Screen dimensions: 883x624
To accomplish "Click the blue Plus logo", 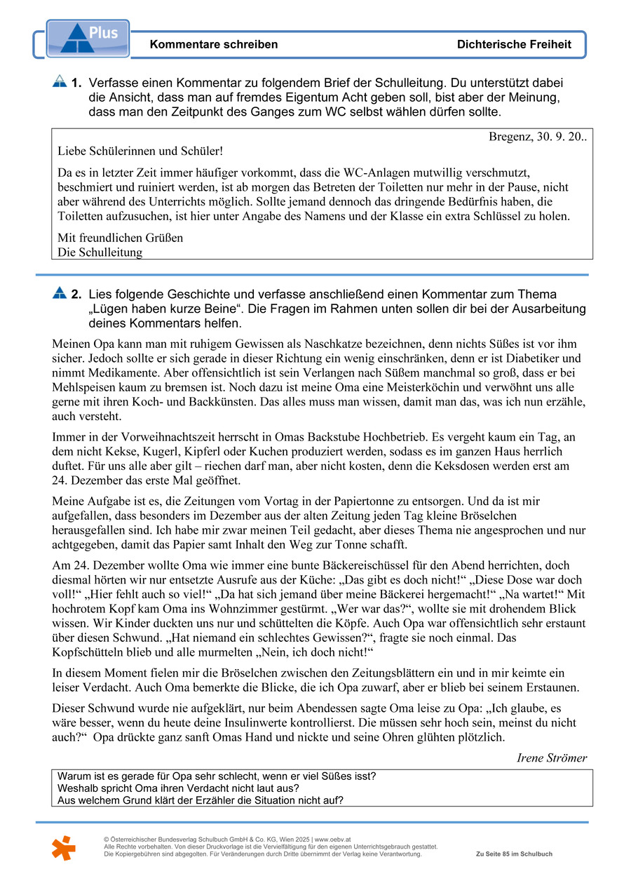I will (87, 39).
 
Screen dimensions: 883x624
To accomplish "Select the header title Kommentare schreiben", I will (214, 44).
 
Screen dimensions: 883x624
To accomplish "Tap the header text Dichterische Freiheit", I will (514, 44).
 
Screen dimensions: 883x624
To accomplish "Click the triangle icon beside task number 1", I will (60, 82).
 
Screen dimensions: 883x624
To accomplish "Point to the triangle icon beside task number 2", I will (60, 293).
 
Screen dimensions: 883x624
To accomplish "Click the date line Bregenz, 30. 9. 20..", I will (537, 137).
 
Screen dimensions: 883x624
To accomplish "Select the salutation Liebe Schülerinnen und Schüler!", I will (140, 151).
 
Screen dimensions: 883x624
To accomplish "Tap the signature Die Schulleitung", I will (100, 252).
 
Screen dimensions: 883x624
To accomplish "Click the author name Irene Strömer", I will (552, 757).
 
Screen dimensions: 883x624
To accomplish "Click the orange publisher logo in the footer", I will (63, 848).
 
